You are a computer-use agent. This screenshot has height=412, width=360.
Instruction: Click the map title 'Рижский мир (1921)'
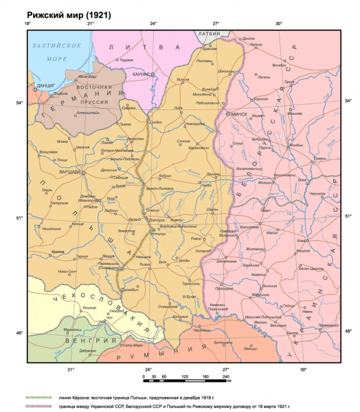(x=68, y=14)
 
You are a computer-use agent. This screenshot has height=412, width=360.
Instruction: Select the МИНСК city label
(x=239, y=114)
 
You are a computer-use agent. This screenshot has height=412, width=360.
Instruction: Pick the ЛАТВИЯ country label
(x=215, y=32)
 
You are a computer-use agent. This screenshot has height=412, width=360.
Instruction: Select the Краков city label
(x=58, y=252)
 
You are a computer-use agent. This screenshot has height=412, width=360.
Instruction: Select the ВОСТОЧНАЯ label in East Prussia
(x=94, y=87)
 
